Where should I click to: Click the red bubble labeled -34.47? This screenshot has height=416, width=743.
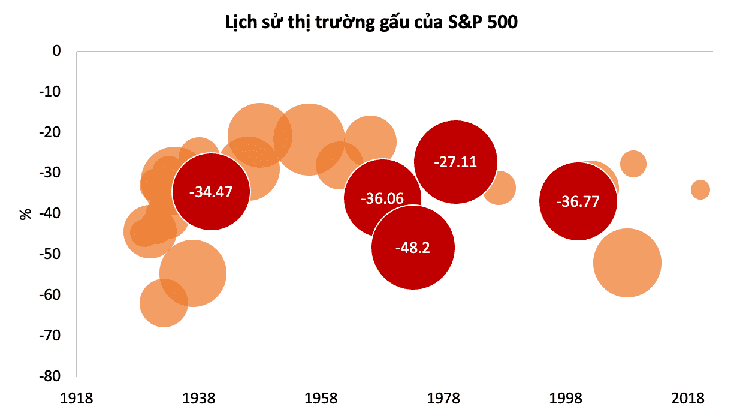click(210, 192)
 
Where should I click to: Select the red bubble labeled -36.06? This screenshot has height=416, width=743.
click(382, 199)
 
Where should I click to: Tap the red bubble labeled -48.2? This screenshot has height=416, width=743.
click(413, 248)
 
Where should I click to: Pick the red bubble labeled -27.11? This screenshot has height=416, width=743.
click(455, 162)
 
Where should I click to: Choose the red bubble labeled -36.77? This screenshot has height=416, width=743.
click(578, 201)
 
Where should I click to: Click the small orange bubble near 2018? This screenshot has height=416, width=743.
click(700, 190)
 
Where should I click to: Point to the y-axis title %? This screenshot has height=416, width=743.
click(26, 213)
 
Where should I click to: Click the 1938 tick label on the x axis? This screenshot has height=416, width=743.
click(199, 399)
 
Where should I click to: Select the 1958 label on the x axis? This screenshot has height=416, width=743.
click(321, 399)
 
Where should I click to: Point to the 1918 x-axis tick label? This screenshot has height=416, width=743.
click(77, 399)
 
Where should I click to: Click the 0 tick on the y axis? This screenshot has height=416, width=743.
click(57, 52)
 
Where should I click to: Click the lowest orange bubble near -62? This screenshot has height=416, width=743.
click(163, 303)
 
